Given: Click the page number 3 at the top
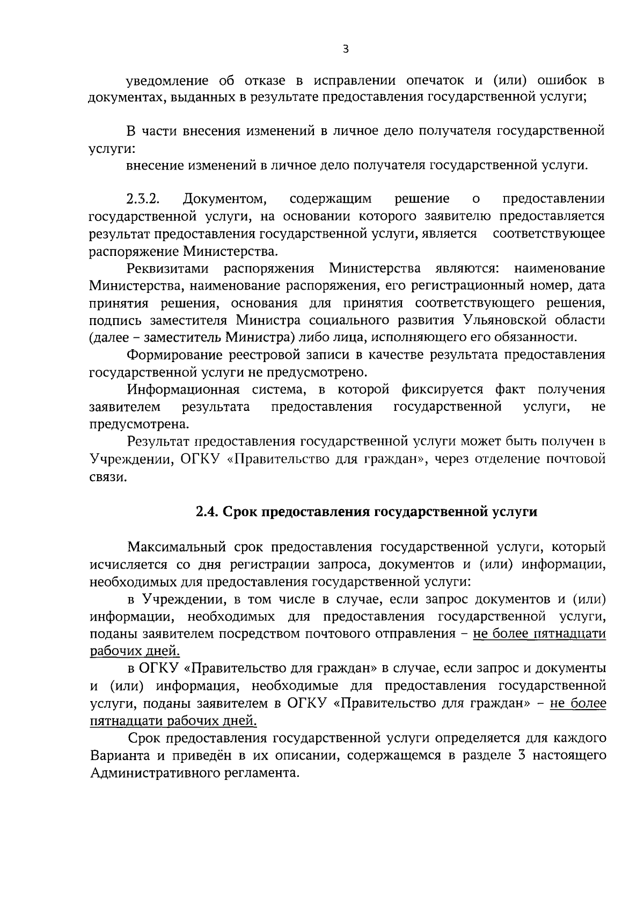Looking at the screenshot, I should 346,49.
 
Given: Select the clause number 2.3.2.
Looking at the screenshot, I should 144,200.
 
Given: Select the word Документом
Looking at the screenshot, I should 225,200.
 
